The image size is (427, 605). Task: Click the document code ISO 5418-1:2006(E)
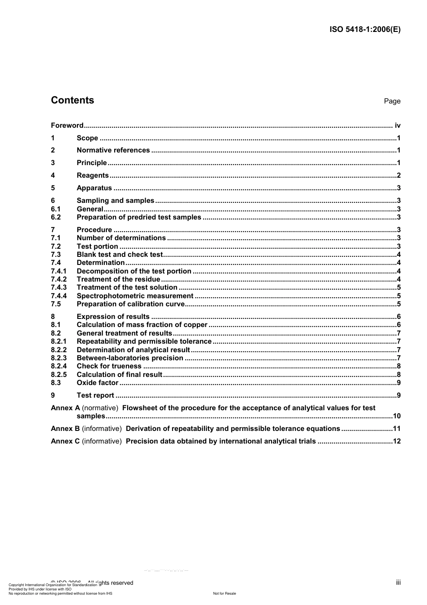pyautogui.click(x=365, y=30)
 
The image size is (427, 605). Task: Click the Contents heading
pyautogui.click(x=72, y=100)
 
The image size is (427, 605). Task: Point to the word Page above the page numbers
pyautogui.click(x=392, y=101)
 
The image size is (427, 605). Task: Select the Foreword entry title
pyautogui.click(x=67, y=125)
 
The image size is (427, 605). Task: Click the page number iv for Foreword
pyautogui.click(x=397, y=125)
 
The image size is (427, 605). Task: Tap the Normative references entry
pyautogui.click(x=113, y=150)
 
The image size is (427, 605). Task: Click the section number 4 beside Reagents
pyautogui.click(x=53, y=175)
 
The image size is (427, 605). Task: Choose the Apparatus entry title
pyautogui.click(x=94, y=188)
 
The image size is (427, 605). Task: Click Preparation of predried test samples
pyautogui.click(x=139, y=217)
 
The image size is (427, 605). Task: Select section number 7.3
pyautogui.click(x=56, y=255)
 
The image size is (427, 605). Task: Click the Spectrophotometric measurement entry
pyautogui.click(x=135, y=296)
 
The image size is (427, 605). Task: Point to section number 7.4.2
pyautogui.click(x=58, y=279)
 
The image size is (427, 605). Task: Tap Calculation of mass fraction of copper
pyautogui.click(x=142, y=325)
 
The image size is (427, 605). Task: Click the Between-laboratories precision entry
pyautogui.click(x=130, y=358)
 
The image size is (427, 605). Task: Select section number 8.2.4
pyautogui.click(x=58, y=366)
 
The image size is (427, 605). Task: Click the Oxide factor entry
pyautogui.click(x=98, y=383)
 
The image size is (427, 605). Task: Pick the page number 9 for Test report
pyautogui.click(x=398, y=395)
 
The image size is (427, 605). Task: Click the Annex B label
pyautogui.click(x=65, y=429)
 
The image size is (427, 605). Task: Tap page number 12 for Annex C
pyautogui.click(x=396, y=441)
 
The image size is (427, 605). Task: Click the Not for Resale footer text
pyautogui.click(x=224, y=593)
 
